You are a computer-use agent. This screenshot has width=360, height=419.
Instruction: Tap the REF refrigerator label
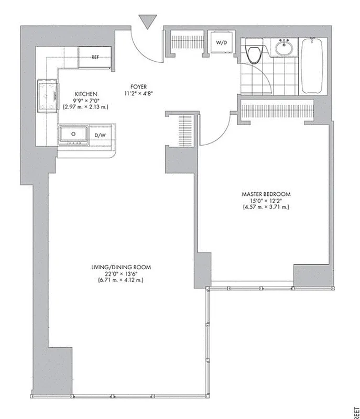click(x=95, y=57)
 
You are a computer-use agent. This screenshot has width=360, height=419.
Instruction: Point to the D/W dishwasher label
click(x=100, y=135)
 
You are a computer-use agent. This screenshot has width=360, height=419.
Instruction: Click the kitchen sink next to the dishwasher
click(x=74, y=134)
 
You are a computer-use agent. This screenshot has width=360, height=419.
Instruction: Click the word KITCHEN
click(x=86, y=94)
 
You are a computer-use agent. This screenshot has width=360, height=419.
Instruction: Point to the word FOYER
click(x=139, y=87)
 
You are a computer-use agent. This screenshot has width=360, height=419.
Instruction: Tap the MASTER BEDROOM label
click(x=266, y=194)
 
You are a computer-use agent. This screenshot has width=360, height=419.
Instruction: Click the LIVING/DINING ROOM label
click(x=121, y=267)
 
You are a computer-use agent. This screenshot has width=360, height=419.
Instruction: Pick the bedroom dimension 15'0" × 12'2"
click(x=266, y=201)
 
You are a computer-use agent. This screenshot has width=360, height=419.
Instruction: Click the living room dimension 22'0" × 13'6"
click(x=121, y=274)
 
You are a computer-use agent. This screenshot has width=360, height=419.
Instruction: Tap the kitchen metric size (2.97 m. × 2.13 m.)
click(x=86, y=107)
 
